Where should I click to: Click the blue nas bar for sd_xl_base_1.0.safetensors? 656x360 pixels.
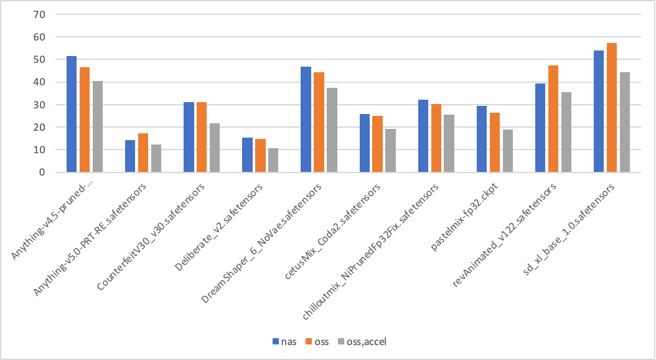point(599,111)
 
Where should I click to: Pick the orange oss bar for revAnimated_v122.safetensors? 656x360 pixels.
point(553,119)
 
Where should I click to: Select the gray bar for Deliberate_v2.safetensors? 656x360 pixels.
point(273,160)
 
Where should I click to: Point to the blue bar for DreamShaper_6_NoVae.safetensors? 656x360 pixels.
point(306,120)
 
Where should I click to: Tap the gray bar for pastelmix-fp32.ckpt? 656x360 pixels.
point(508,151)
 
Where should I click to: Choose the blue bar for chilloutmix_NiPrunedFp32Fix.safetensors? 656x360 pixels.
point(423,136)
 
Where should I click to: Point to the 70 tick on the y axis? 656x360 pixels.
point(47,14)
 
